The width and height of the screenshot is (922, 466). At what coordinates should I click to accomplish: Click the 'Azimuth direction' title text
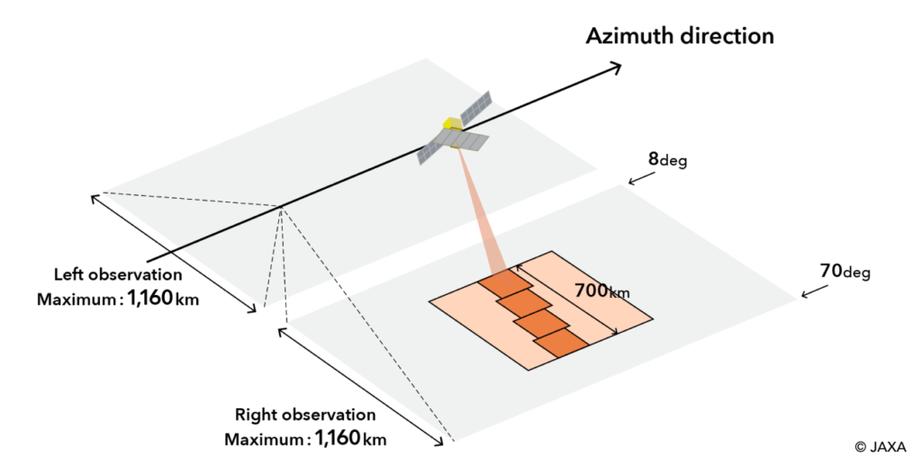click(x=680, y=37)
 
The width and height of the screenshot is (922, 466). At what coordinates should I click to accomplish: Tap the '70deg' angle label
click(x=845, y=271)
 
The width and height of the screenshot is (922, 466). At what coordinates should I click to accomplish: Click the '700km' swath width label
click(x=601, y=291)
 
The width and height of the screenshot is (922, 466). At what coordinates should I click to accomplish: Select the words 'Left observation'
click(x=118, y=274)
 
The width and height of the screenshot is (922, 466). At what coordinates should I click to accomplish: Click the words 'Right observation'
click(x=305, y=416)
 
